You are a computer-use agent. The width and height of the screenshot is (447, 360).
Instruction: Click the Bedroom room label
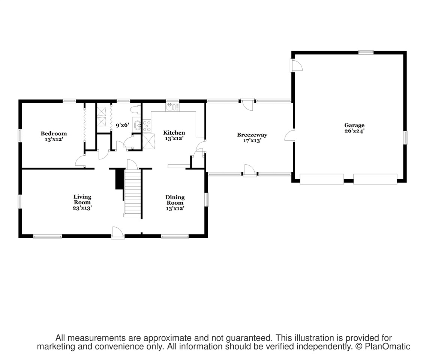coord(54,133)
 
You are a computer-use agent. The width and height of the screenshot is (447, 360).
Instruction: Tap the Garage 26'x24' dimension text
coord(354,131)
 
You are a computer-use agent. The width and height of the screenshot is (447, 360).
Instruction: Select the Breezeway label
coord(252,135)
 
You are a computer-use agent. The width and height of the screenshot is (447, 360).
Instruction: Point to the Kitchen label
coord(174,132)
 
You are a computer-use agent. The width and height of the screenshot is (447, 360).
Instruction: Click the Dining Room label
coord(175,200)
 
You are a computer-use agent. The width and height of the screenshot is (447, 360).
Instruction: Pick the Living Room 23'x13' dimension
coord(82,208)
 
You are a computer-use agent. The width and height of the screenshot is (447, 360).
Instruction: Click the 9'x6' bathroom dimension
coord(123,125)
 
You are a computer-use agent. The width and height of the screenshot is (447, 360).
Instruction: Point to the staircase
coord(132,193)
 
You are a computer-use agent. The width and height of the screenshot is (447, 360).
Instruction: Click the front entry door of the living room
coord(118,232)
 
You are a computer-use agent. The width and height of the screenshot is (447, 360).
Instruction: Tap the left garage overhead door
coord(322,179)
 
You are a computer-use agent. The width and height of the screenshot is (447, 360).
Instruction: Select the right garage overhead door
coord(375,179)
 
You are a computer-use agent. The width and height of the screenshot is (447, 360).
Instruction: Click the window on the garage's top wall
coord(366,52)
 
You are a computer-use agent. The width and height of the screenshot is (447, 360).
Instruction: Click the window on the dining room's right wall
coord(206,199)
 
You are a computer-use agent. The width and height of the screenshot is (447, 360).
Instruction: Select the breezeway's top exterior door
coord(247,104)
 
